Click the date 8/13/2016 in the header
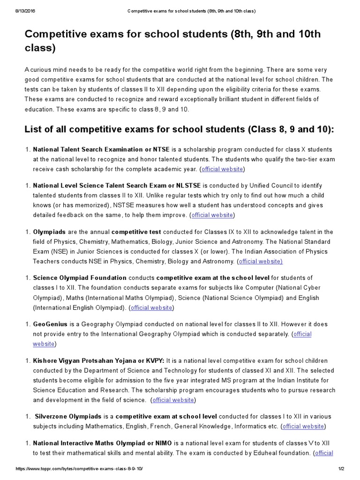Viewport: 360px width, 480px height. (17, 11)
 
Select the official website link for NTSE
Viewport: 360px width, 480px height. (222, 169)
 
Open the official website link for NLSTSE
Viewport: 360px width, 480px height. (212, 215)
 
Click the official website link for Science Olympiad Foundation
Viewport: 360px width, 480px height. (151, 307)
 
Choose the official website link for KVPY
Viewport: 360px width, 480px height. (173, 400)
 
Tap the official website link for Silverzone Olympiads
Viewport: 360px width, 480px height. (303, 426)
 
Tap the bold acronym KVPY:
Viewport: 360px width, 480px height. (153, 360)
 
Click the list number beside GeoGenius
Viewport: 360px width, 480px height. (27, 324)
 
